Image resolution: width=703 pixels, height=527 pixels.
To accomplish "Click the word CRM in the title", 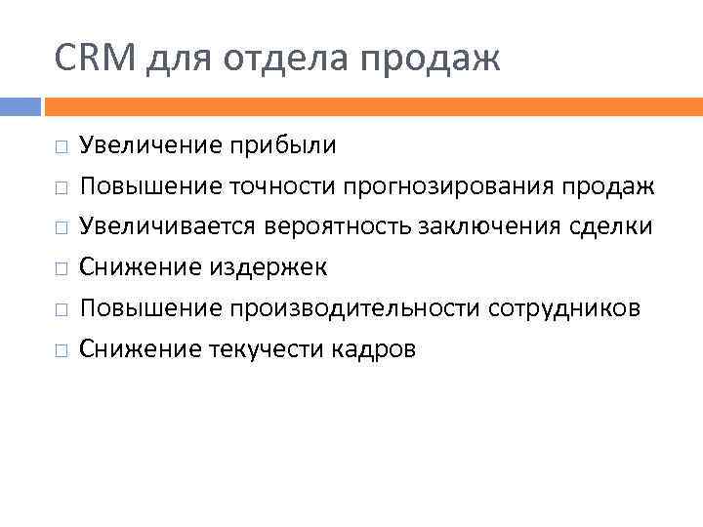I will (x=98, y=60).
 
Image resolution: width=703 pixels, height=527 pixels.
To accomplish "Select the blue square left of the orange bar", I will (x=20, y=105).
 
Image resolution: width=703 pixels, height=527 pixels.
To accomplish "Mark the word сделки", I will (x=611, y=227).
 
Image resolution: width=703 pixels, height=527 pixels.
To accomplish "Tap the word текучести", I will (x=266, y=348).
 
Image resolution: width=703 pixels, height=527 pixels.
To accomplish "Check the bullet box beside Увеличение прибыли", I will (x=61, y=147).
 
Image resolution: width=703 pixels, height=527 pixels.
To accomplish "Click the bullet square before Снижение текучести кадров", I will (x=61, y=349).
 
